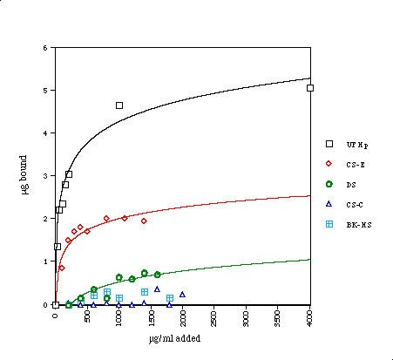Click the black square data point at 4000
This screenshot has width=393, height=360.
click(310, 88)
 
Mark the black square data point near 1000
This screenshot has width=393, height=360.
click(119, 105)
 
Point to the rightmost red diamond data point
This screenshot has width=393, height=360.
click(144, 221)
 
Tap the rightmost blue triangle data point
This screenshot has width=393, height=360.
click(182, 295)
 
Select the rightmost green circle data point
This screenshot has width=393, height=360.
click(158, 275)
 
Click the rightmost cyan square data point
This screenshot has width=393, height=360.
click(170, 298)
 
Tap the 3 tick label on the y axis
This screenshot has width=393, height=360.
click(45, 176)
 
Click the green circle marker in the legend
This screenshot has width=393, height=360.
click(329, 184)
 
